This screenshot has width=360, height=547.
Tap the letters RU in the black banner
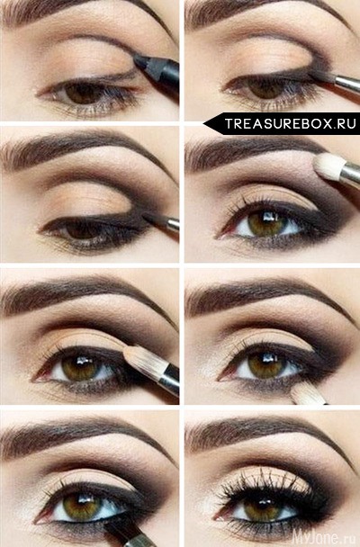click(x=346, y=123)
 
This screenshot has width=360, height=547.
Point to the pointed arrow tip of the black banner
click(x=204, y=123)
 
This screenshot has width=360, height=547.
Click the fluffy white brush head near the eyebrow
click(x=328, y=166)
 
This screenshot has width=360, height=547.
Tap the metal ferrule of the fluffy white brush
click(x=350, y=175)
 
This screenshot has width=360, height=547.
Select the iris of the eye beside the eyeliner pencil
click(x=81, y=93)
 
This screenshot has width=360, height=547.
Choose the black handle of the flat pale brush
click(x=170, y=381)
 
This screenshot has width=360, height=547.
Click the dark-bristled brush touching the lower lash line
click(x=119, y=529)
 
